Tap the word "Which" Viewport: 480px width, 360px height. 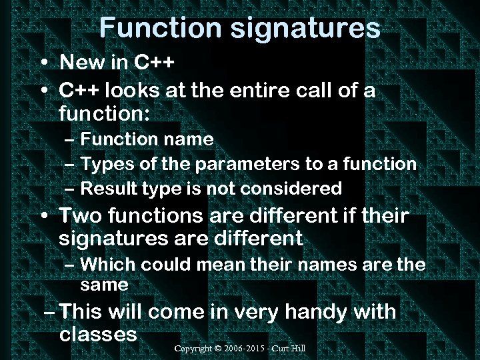pyautogui.click(x=111, y=265)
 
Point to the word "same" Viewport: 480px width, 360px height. pyautogui.click(x=104, y=285)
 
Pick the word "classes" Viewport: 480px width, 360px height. pyautogui.click(x=98, y=334)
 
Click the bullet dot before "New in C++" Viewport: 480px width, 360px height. pyautogui.click(x=43, y=64)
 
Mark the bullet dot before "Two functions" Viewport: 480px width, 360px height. pyautogui.click(x=43, y=217)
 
